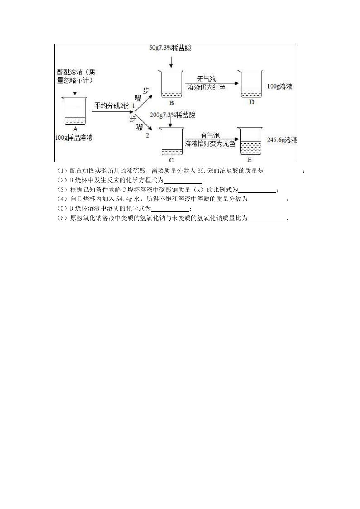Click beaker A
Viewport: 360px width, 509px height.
point(75,111)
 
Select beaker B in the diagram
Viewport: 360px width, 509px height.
point(171,84)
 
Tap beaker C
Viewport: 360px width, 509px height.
point(172,141)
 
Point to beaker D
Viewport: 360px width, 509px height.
point(251,84)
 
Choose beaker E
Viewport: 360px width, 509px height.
point(250,141)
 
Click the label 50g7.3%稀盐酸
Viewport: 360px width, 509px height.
point(170,48)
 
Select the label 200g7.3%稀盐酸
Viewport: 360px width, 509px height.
point(173,115)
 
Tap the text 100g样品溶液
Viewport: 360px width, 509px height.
point(74,138)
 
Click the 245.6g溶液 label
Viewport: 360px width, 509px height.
point(282,140)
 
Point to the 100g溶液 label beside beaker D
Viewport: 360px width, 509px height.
point(280,86)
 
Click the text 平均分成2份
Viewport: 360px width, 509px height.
point(112,106)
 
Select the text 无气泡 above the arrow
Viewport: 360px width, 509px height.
point(206,79)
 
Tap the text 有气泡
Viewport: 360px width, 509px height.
point(210,136)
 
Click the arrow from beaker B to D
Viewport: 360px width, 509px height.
point(212,83)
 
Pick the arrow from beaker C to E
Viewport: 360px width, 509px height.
point(212,139)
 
